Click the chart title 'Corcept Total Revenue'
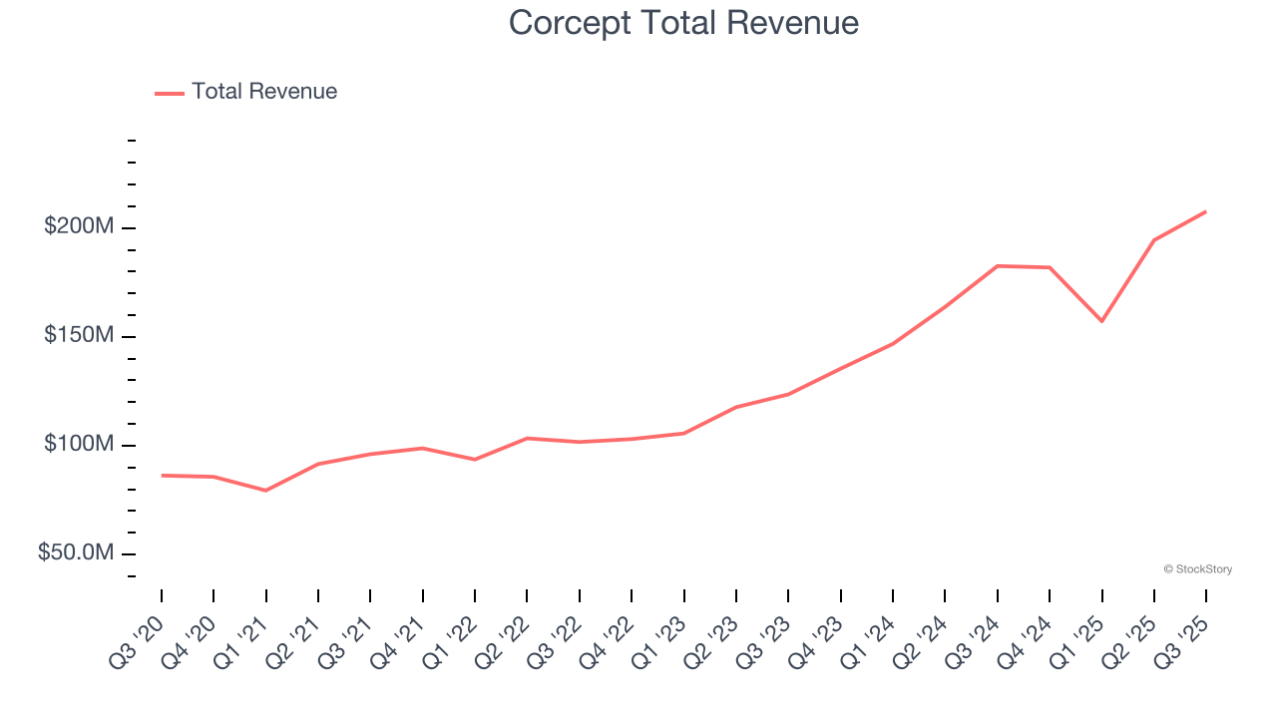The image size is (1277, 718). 683,22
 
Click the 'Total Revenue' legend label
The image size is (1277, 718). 264,92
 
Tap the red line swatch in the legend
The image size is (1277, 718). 170,93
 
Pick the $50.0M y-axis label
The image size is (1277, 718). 76,552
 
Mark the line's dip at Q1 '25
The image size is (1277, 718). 1101,321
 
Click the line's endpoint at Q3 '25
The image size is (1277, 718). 1205,211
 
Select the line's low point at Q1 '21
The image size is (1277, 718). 265,491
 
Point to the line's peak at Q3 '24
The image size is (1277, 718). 998,266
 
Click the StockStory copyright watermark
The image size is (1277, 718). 1197,569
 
